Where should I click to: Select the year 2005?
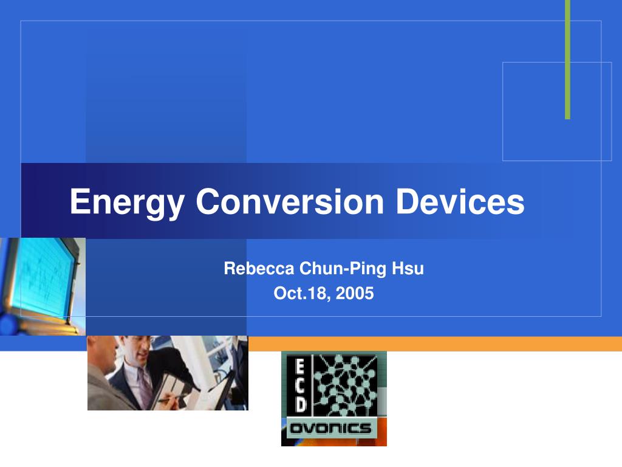pos(355,294)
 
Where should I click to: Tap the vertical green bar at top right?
pos(567,59)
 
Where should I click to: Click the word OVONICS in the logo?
pos(330,428)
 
